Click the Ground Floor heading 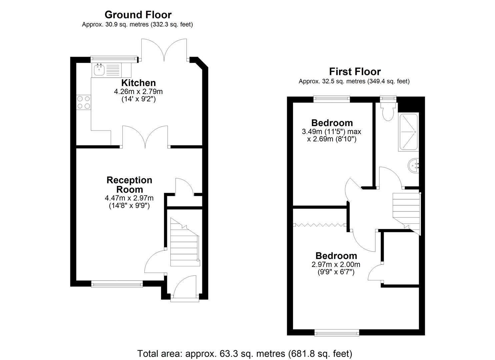click(138, 15)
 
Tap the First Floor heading click(355, 72)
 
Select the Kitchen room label click(139, 83)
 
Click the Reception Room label click(129, 185)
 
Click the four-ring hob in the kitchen click(84, 102)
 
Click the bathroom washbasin click(413, 166)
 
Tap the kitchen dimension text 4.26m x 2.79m click(138, 91)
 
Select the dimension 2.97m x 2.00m click(336, 264)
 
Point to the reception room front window click(117, 284)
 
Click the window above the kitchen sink click(114, 59)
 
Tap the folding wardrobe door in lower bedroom click(320, 225)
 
